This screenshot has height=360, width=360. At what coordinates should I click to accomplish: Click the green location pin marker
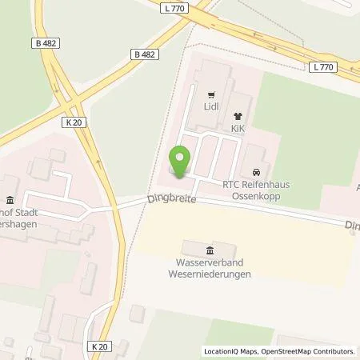coord(181,161)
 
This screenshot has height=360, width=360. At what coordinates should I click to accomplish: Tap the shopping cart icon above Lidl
coord(211,94)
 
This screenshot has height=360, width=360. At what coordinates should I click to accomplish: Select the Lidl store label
coord(211,105)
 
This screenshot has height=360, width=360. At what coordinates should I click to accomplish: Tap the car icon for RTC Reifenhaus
coord(255,172)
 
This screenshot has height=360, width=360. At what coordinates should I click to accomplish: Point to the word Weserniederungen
coord(210,274)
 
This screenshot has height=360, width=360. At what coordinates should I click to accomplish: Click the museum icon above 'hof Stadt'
coord(10,201)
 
